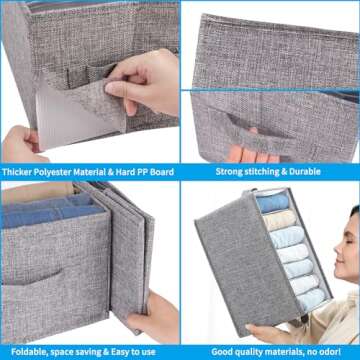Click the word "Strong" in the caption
tap(231, 172)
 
